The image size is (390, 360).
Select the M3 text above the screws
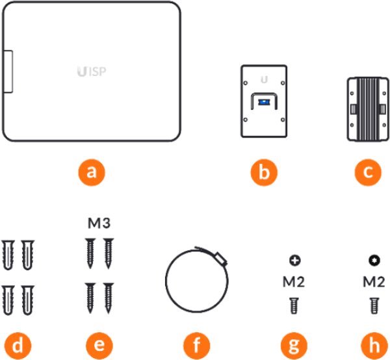coord(99,224)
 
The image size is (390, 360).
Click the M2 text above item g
coord(294,283)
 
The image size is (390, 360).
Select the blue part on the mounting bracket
coord(263,102)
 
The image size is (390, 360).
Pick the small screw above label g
coord(294,304)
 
